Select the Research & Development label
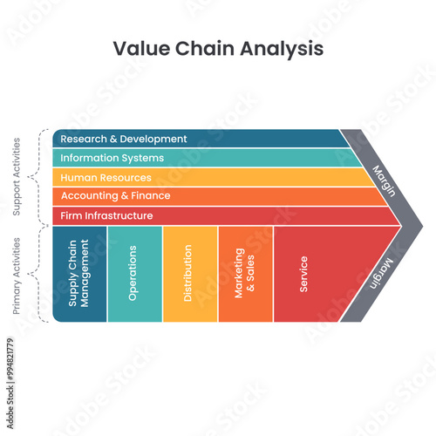[x=124, y=139]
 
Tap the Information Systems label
[x=112, y=158]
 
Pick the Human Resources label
[x=107, y=177]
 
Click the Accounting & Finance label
[x=116, y=196]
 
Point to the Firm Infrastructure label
[x=107, y=215]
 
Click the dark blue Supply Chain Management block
[x=79, y=274]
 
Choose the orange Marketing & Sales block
[x=245, y=274]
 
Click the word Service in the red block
[x=303, y=274]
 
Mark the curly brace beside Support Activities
[x=35, y=176]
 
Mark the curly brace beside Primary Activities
[x=35, y=274]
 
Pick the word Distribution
[x=188, y=274]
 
